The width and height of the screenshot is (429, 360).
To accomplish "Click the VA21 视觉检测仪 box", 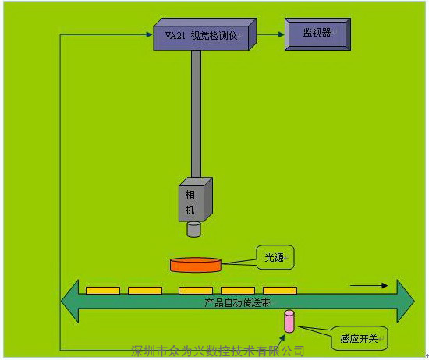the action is click(x=205, y=35).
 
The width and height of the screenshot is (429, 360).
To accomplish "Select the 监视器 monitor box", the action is click(x=317, y=34).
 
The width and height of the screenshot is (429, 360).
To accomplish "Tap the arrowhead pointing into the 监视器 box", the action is click(x=282, y=34).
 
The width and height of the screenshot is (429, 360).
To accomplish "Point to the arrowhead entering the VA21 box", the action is click(x=150, y=34).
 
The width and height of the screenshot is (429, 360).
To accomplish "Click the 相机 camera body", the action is click(x=195, y=199).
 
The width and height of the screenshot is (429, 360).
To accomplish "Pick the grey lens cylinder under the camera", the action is click(x=193, y=229).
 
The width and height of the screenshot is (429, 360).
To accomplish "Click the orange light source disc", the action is click(x=196, y=265).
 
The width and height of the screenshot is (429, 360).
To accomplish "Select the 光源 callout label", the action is click(x=275, y=257).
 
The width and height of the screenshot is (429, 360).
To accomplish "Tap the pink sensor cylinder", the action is click(x=289, y=321).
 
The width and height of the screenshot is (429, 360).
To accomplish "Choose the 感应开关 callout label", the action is click(x=360, y=338).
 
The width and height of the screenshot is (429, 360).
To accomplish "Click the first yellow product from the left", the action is click(x=103, y=291).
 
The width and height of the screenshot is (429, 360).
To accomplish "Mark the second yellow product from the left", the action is click(x=145, y=291).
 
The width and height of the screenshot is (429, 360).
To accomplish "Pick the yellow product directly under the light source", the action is click(x=196, y=291).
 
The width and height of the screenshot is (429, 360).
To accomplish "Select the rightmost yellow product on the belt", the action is click(x=280, y=291).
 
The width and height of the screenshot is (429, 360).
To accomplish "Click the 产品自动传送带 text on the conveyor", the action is click(x=237, y=302).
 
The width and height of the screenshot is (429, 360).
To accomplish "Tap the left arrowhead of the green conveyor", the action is click(x=70, y=302).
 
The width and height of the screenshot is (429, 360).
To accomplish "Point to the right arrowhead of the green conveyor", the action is click(x=406, y=302).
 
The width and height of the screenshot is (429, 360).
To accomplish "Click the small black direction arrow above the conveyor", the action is click(x=369, y=286).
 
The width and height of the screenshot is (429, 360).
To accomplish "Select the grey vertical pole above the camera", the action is click(x=196, y=114).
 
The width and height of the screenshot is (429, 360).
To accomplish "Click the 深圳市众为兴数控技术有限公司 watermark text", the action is click(x=218, y=351).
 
